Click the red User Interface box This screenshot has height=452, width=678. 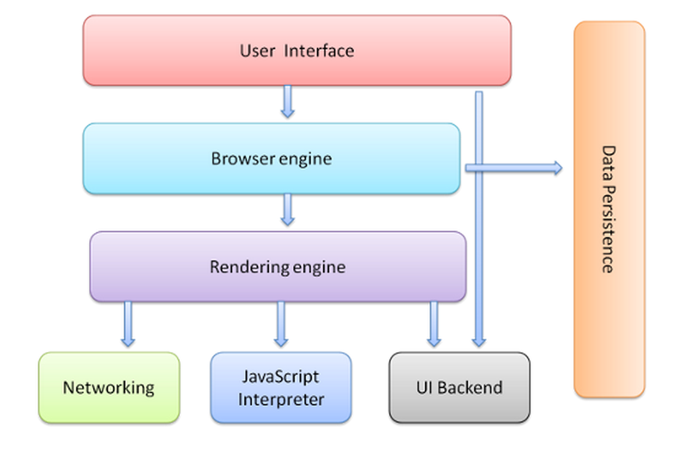pos(297,50)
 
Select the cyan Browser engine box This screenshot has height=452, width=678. pos(271,158)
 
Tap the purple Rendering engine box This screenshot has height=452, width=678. pos(278,267)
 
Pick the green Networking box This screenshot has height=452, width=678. pos(109,388)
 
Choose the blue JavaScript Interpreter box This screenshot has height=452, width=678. pos(281,388)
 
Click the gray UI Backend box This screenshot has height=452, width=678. pos(459,388)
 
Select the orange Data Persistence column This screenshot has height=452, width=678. pos(609,209)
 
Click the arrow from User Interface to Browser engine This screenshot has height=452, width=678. pos(287,101)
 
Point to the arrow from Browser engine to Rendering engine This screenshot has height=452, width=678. pos(287,209)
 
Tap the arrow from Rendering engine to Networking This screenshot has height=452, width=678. pos(128,324)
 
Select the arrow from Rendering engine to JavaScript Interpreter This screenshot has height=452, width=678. pos(281,324)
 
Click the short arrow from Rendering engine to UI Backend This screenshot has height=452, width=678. pos(434,324)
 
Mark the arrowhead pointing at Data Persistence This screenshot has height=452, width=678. pos(556,168)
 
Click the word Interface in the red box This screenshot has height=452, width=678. pos(319,50)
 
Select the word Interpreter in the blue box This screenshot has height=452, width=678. pos(281,400)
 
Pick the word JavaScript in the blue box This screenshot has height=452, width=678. pos(281,376)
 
